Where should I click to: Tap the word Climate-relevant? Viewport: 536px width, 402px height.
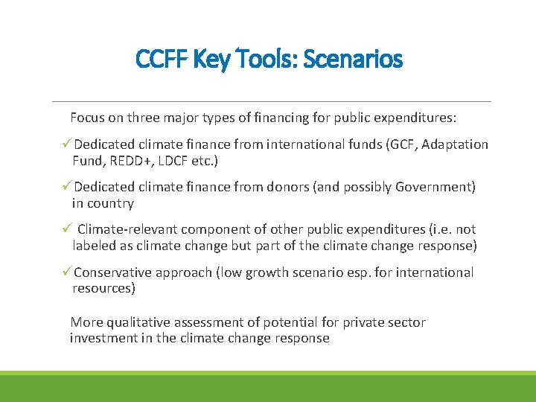tap(127, 230)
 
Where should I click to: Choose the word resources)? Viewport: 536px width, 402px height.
tap(103, 288)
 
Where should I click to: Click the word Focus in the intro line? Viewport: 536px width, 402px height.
tap(88, 118)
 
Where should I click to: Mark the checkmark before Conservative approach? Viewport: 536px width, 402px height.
tap(66, 272)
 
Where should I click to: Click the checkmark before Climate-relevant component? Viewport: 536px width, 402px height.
tap(66, 230)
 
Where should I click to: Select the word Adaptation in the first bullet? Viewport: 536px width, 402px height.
tap(455, 144)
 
